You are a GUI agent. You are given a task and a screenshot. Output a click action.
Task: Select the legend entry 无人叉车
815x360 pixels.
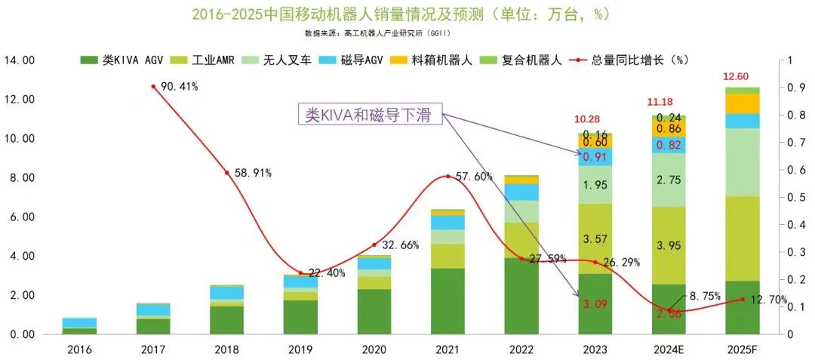pos(284,60)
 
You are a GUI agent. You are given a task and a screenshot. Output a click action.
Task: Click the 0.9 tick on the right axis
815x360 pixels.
pos(792,88)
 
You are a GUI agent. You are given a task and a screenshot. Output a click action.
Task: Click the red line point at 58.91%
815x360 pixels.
pos(227,173)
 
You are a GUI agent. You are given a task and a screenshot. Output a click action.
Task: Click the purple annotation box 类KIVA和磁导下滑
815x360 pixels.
pos(370,115)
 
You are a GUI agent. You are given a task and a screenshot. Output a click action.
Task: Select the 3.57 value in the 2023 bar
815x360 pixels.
pos(595,239)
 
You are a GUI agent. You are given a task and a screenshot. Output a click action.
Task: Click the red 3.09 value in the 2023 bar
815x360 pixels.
pos(595,305)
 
